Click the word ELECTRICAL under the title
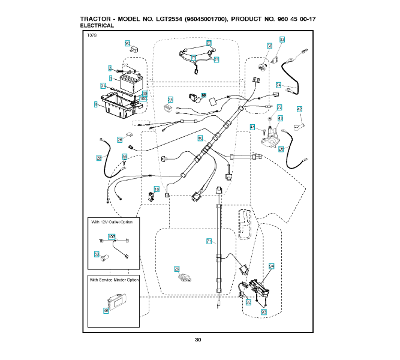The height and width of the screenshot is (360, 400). [97, 26]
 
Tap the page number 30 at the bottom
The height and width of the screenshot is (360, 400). [198, 340]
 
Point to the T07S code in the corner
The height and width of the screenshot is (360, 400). [92, 37]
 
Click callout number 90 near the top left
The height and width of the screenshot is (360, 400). [127, 43]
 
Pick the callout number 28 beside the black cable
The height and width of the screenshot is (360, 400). [99, 158]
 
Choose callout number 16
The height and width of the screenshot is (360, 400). [157, 189]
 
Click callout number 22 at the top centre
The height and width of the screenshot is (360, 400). [209, 43]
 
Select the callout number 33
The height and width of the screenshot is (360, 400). [282, 39]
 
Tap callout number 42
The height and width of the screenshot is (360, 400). [299, 109]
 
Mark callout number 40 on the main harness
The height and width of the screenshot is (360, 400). [200, 138]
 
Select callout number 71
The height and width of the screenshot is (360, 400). [209, 241]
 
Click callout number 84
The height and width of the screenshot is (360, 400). [271, 265]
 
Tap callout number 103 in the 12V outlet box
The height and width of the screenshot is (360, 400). [111, 236]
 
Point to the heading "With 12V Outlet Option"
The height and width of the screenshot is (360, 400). [112, 222]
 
